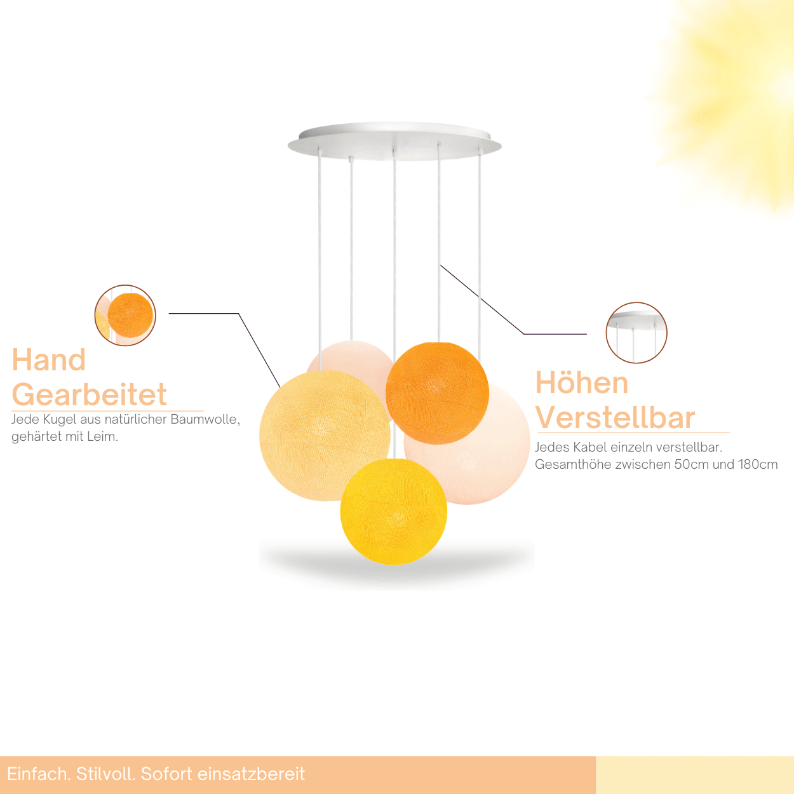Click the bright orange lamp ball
point(437,393)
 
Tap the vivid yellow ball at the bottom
point(393,511)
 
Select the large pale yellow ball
point(325,436)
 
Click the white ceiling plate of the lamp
point(394,141)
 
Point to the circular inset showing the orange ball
point(125,315)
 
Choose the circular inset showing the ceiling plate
point(636,332)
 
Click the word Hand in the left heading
point(49,360)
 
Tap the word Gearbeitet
point(89,394)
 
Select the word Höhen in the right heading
point(581,382)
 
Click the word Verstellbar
point(615,418)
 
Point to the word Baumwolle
point(205,419)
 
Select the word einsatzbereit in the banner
point(252,774)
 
